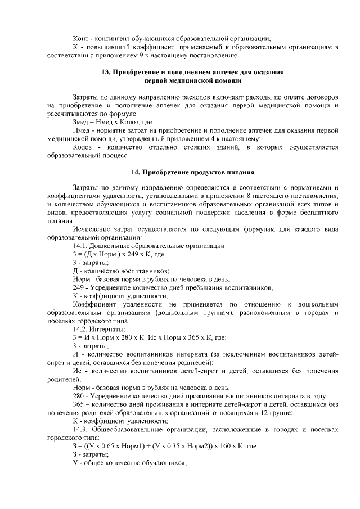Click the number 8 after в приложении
[251, 196]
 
